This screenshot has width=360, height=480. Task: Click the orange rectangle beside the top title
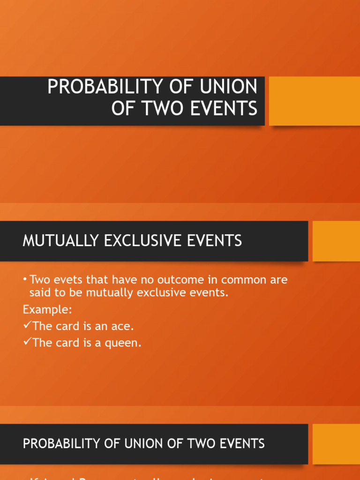pos(314,101)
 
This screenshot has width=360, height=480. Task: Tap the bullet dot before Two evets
pos(25,280)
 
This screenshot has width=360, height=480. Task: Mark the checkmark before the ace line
pos(27,326)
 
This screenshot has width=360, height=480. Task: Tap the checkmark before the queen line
pos(27,342)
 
